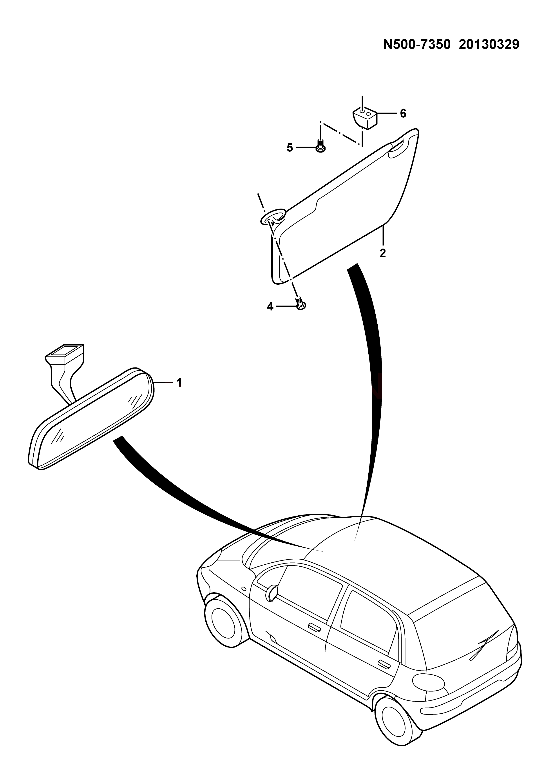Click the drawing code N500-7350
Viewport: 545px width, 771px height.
[416, 44]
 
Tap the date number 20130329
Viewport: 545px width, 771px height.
[489, 44]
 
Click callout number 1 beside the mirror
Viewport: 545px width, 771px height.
[179, 382]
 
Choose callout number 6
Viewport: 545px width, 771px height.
[403, 113]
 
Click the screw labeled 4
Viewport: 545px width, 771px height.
[300, 303]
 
